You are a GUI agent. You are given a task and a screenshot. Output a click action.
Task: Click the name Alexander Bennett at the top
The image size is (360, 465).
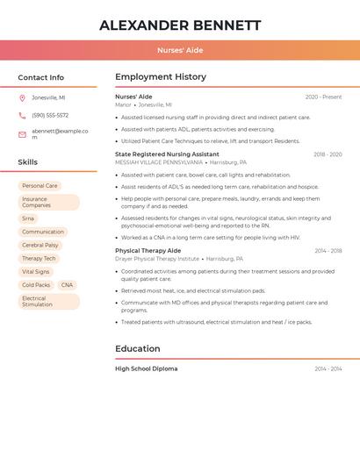pyautogui.click(x=180, y=25)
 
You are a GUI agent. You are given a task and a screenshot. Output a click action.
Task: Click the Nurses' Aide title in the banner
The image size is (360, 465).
pyautogui.click(x=180, y=50)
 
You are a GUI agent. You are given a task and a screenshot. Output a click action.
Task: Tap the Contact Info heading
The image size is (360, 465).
pyautogui.click(x=41, y=78)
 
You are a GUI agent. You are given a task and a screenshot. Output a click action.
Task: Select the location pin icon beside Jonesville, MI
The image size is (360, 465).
pyautogui.click(x=22, y=97)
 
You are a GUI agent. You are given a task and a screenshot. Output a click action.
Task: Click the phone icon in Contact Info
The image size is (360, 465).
pyautogui.click(x=22, y=115)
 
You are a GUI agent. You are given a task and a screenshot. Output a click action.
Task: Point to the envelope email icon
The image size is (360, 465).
pyautogui.click(x=22, y=134)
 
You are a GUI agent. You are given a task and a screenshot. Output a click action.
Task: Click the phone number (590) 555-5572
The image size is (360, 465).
pyautogui.click(x=50, y=115)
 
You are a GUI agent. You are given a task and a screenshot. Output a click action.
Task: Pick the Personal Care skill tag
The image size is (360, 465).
pyautogui.click(x=40, y=186)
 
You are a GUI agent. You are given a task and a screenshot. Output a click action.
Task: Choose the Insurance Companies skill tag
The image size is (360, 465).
pyautogui.click(x=48, y=203)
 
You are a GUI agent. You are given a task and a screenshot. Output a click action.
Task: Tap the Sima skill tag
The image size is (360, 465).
pyautogui.click(x=29, y=218)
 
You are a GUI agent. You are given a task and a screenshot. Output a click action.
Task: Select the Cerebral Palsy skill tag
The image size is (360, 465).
pyautogui.click(x=40, y=246)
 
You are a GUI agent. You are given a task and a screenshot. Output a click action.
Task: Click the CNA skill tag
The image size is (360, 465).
pyautogui.click(x=67, y=285)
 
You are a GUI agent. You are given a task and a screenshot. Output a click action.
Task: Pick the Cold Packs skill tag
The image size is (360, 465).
pyautogui.click(x=36, y=285)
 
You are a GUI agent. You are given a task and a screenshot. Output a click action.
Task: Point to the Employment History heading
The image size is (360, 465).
pyautogui.click(x=161, y=77)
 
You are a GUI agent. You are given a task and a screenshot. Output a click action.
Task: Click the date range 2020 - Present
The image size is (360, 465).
pyautogui.click(x=323, y=97)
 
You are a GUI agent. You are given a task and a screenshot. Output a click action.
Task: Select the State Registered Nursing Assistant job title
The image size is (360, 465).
pyautogui.click(x=167, y=154)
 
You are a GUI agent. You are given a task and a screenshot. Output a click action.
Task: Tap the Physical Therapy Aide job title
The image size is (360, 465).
pyautogui.click(x=148, y=251)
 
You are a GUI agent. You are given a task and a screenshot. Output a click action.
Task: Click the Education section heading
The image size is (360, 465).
pyautogui.click(x=138, y=349)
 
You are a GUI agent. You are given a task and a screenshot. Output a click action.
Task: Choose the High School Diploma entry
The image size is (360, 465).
pyautogui.click(x=147, y=369)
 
